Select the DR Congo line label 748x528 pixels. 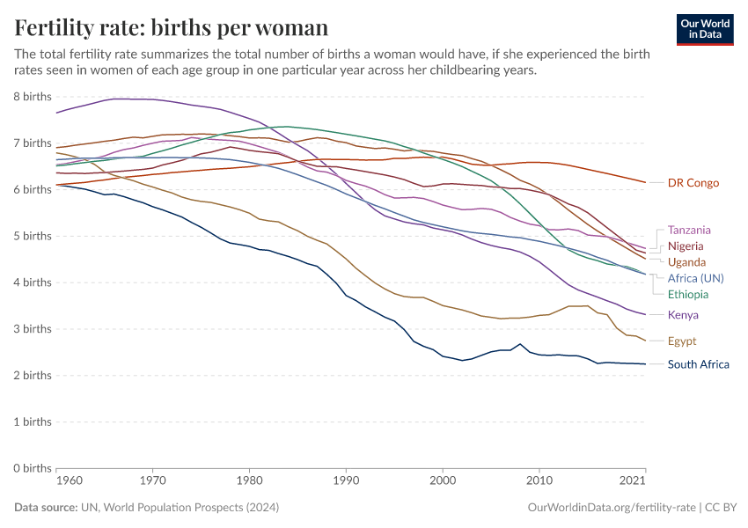pos(693,183)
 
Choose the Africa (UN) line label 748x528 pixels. pos(695,278)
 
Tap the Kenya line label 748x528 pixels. pos(684,315)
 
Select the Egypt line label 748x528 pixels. pos(683,341)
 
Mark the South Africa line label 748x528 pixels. pos(699,364)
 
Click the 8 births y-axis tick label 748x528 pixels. pos(32,96)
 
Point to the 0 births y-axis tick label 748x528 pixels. pos(32,468)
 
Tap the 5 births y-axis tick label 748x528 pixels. pos(32,236)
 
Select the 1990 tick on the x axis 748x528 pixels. pos(346,481)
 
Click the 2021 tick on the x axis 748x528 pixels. pos(632,481)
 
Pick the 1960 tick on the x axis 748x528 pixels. pos(69,481)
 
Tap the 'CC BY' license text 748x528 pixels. pos(721,508)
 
